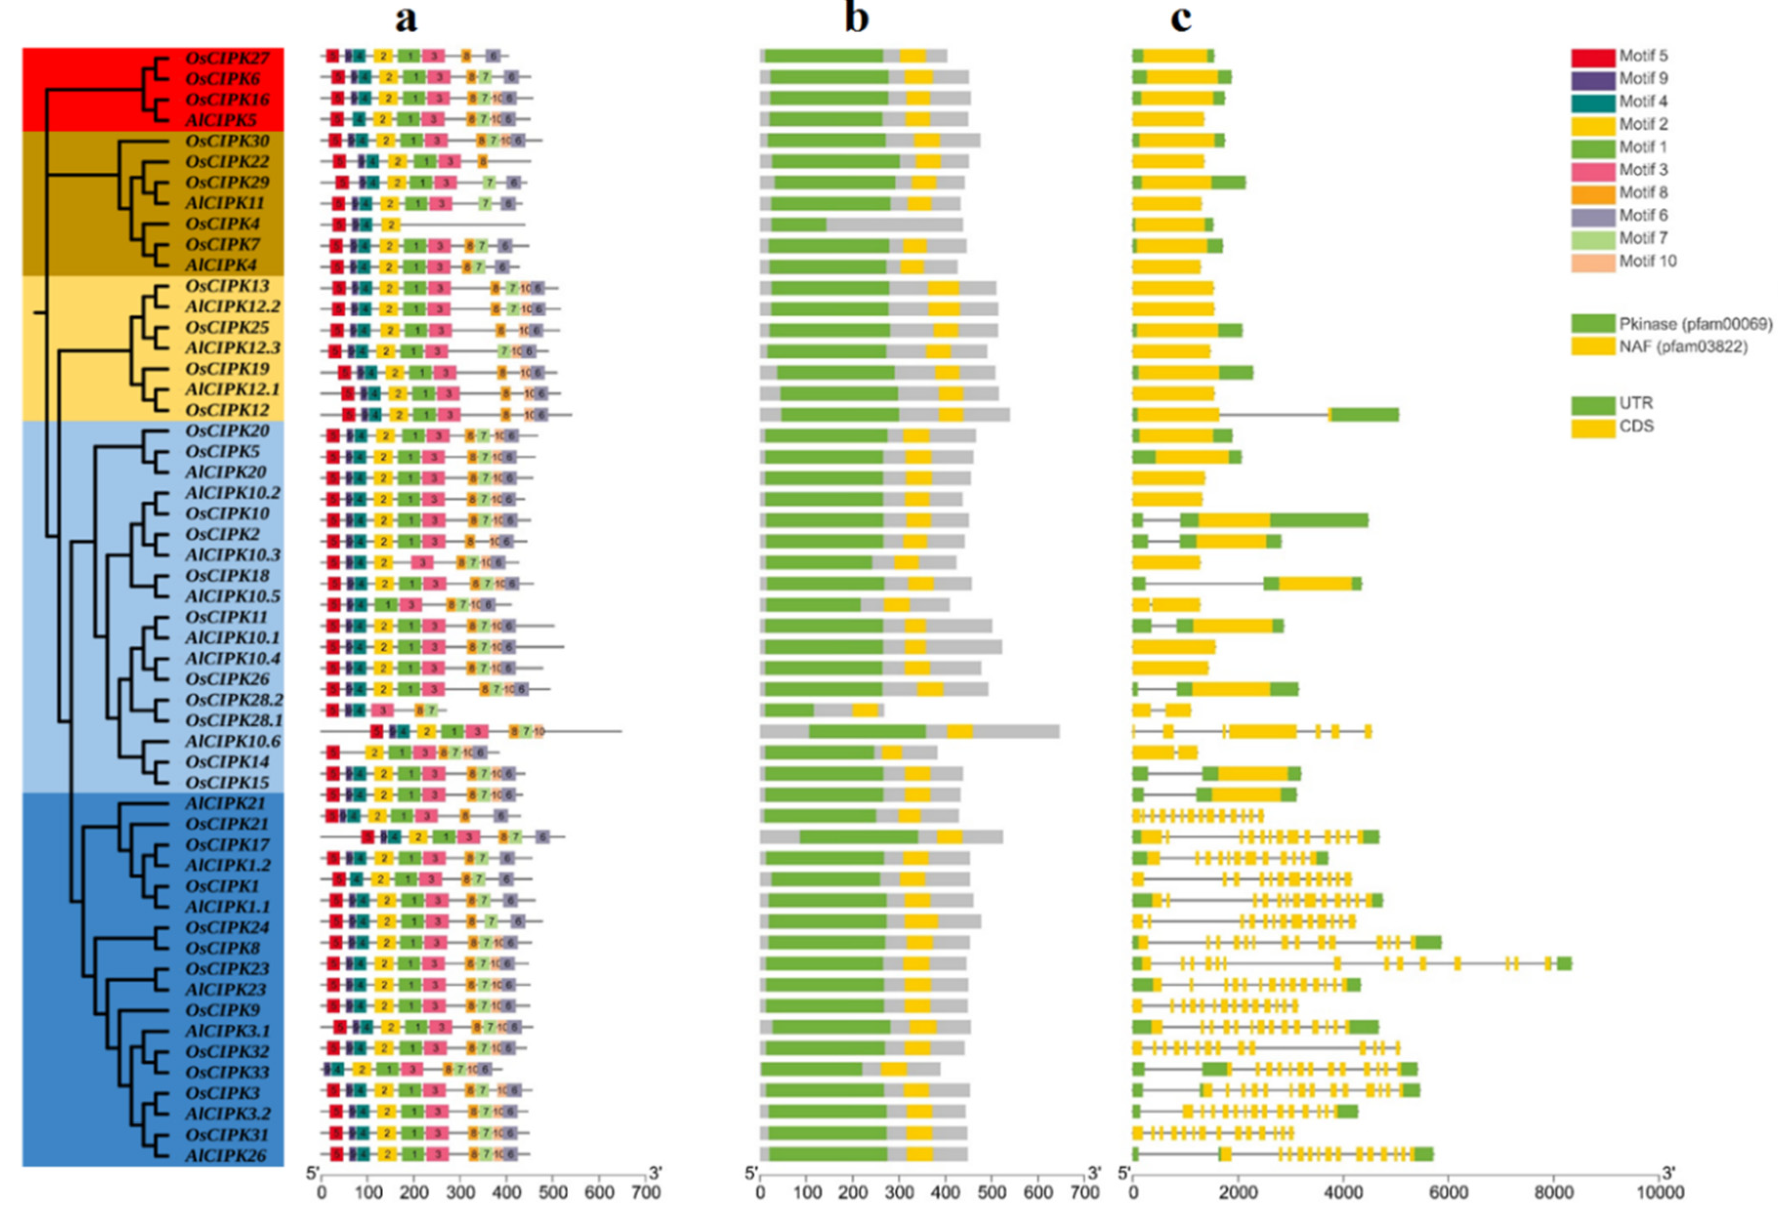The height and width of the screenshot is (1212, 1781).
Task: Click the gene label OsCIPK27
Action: pyautogui.click(x=227, y=58)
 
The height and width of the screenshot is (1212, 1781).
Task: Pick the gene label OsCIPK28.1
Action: pyautogui.click(x=234, y=720)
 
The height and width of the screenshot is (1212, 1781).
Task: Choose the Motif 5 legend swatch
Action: pyautogui.click(x=1593, y=57)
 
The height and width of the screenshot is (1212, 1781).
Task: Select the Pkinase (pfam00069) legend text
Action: pyautogui.click(x=1695, y=324)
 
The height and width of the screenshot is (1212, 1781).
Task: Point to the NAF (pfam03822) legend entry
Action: pyautogui.click(x=1683, y=347)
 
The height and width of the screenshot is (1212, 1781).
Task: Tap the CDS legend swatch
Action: pyautogui.click(x=1593, y=427)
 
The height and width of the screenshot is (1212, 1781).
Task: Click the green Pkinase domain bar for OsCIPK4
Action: pyautogui.click(x=799, y=224)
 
